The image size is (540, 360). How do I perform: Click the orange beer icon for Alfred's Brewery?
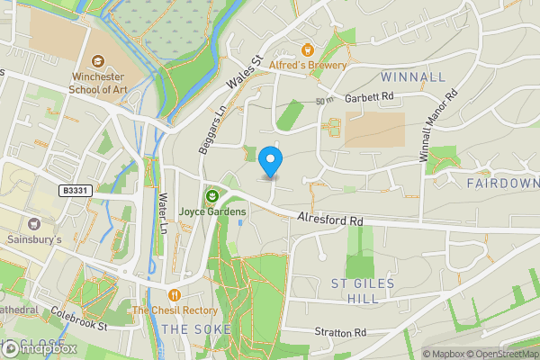309,49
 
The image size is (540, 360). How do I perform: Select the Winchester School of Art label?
99,83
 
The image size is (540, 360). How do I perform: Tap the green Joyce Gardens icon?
212,195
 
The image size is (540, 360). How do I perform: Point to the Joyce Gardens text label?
212,211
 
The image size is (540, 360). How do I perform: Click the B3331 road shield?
76,191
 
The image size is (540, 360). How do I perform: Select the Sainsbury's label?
35,240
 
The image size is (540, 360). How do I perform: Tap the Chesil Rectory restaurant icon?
174,294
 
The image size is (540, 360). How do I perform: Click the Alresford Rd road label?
330,219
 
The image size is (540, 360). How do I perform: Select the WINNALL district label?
412,76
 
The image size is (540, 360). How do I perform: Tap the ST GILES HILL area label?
363,291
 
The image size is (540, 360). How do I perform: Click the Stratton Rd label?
340,332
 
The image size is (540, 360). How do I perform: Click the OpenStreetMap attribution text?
505,353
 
